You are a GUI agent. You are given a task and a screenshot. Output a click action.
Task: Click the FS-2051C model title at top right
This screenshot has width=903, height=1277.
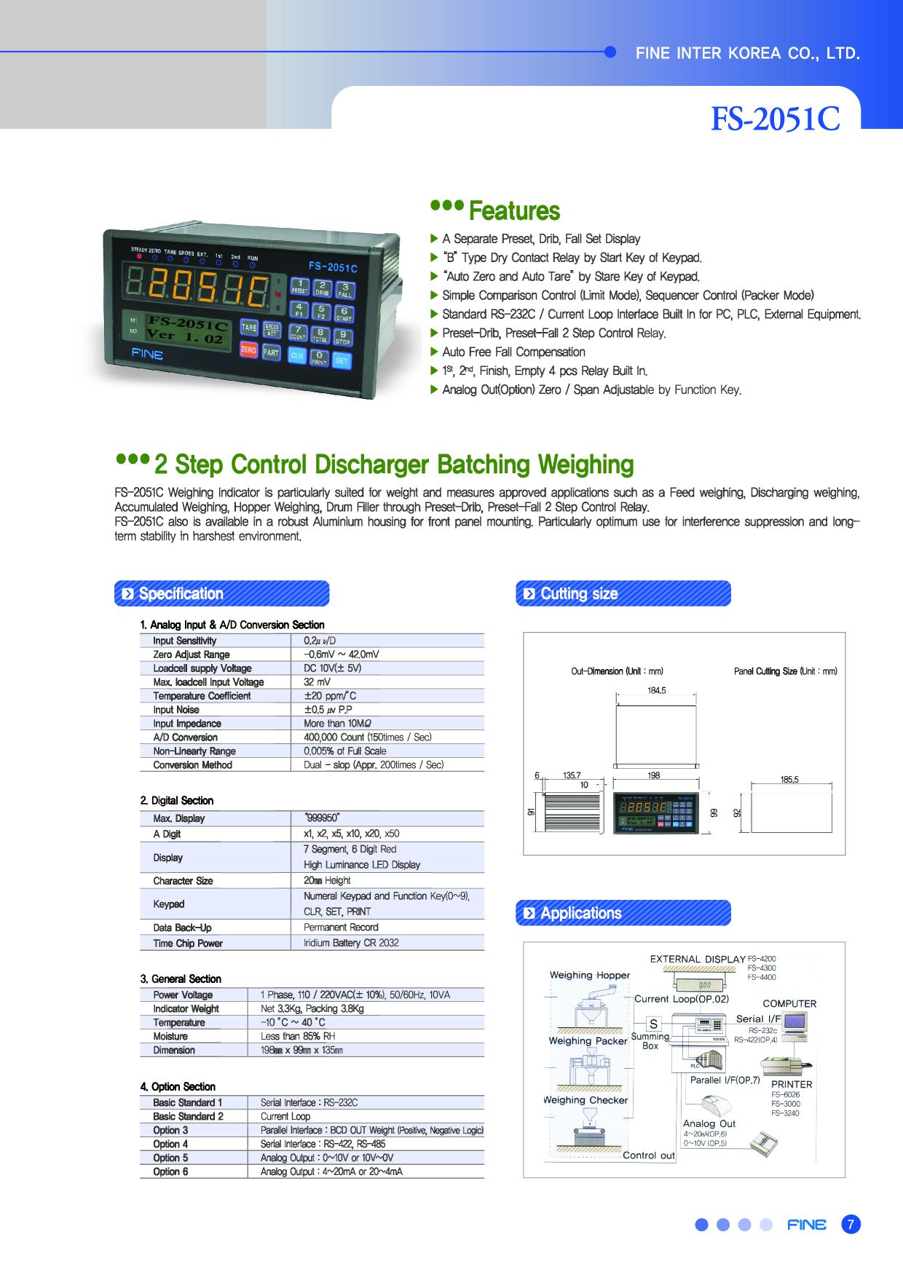[775, 119]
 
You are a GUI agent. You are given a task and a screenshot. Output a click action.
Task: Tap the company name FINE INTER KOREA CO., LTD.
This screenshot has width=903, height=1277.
[748, 53]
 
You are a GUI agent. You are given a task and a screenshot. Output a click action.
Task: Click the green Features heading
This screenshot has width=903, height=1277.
[514, 211]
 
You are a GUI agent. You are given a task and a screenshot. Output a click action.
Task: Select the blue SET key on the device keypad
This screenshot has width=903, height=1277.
[342, 360]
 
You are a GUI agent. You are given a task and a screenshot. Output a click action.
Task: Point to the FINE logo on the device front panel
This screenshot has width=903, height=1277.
[147, 355]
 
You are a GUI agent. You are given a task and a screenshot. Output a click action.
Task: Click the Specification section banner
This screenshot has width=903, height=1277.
[222, 593]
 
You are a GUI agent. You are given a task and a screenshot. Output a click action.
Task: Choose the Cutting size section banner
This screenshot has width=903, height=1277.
[623, 593]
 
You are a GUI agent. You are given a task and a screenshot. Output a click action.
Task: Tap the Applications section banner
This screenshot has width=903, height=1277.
[623, 913]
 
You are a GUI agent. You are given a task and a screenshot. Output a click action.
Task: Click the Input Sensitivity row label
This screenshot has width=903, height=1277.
[185, 641]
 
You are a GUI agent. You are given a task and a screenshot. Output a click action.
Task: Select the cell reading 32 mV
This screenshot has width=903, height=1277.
[317, 682]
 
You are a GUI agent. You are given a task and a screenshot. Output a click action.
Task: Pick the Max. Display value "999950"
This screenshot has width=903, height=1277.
[322, 818]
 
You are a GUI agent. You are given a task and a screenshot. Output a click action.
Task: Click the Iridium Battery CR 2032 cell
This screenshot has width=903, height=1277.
[352, 943]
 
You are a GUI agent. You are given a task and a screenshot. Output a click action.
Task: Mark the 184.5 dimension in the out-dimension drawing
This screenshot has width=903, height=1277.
[657, 690]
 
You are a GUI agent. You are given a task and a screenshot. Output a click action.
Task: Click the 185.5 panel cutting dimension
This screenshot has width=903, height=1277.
[789, 780]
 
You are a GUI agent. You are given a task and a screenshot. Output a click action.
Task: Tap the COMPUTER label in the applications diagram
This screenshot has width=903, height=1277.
[789, 1003]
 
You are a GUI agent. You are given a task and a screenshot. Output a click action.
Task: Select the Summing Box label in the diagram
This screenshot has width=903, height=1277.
[650, 1041]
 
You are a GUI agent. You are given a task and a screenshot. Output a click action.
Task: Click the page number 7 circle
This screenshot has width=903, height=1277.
[851, 1225]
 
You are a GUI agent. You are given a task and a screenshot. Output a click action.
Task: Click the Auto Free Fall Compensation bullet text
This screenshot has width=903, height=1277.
[514, 352]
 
